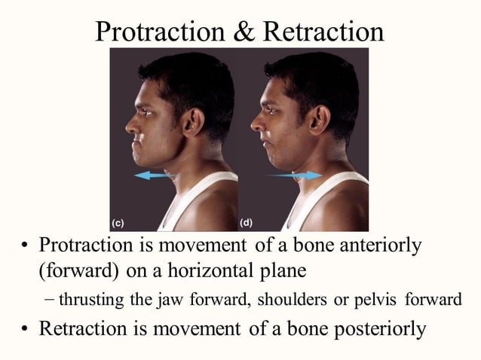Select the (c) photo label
pos(118,223)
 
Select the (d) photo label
pos(246,223)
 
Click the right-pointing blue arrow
pos(294,175)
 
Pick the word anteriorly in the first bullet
pos(376,247)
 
